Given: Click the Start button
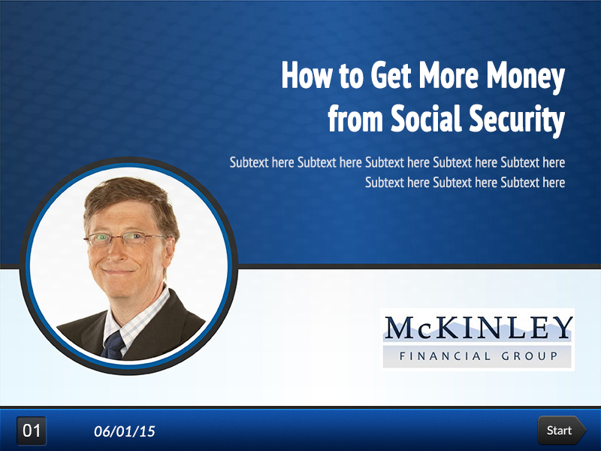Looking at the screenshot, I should point(560,431).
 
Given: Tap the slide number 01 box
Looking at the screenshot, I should point(32,431).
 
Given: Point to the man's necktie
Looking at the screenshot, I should point(114,345).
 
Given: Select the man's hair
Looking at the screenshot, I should point(128,199).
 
